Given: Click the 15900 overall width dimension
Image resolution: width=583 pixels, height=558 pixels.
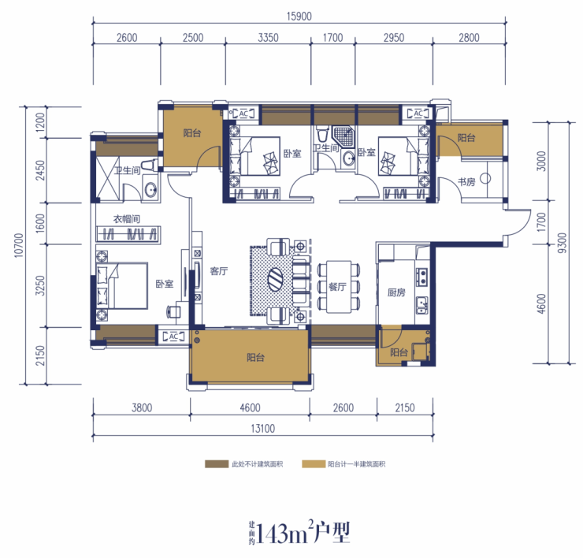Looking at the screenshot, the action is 299,17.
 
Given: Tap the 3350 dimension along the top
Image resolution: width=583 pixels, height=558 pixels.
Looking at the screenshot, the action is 268,38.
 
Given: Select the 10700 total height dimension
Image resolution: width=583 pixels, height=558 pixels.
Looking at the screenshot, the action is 19,245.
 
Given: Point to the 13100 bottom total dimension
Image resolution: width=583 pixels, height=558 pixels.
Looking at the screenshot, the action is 263,429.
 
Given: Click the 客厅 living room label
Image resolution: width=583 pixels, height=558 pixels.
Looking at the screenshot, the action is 219,271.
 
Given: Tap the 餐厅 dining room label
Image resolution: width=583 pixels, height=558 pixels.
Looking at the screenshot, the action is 337,286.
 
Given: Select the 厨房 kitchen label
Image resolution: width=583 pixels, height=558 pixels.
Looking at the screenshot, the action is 396,292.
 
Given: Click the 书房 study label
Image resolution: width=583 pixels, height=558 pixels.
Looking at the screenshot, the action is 466,181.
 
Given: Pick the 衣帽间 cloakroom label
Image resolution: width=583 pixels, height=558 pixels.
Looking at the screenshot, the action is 126,219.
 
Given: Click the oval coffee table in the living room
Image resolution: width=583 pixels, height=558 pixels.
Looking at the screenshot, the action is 277,279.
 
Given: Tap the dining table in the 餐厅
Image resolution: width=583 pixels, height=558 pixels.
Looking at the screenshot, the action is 339,286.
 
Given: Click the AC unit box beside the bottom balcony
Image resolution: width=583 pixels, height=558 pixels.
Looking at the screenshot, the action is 173,337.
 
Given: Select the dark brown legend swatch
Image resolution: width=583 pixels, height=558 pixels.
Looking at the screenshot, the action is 217,464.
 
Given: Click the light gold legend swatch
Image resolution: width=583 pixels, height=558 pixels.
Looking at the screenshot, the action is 314,464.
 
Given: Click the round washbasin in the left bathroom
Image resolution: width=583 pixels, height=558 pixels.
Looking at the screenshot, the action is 150,190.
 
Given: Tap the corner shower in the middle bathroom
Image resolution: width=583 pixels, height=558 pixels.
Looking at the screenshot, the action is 343,136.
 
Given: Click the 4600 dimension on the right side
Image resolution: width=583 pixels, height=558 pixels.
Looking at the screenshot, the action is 541,303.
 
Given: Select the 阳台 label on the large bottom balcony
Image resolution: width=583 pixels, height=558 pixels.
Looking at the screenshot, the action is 255,358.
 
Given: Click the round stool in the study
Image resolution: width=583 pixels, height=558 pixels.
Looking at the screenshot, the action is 485,179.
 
